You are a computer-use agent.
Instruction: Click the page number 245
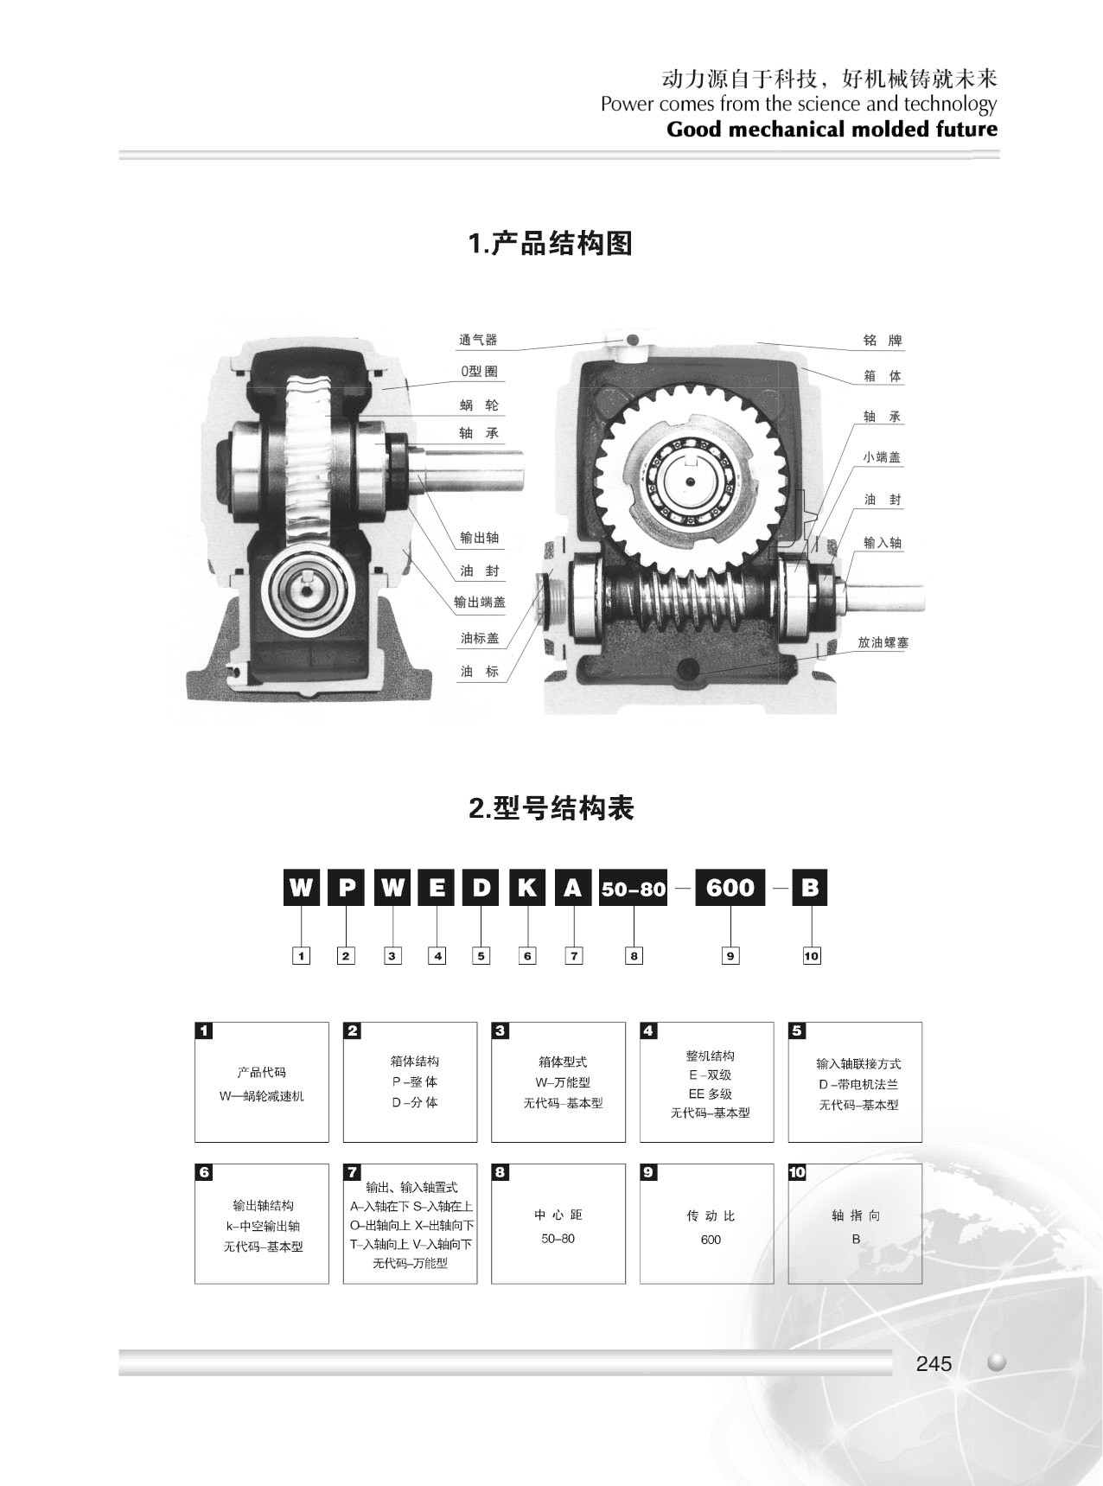click(x=934, y=1363)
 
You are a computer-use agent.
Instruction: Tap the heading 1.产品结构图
click(x=551, y=244)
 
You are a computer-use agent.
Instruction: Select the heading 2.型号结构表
click(x=551, y=808)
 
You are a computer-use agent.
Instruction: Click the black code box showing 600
click(x=730, y=888)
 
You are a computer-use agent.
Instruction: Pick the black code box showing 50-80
click(x=634, y=888)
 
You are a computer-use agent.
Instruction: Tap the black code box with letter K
click(x=526, y=888)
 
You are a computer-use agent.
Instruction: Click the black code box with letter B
click(x=810, y=888)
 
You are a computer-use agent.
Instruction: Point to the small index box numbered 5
click(x=481, y=955)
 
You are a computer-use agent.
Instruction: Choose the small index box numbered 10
click(x=811, y=955)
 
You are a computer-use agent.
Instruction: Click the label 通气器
click(x=478, y=340)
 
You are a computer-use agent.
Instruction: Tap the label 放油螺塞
click(x=883, y=642)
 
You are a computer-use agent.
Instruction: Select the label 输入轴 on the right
click(x=883, y=543)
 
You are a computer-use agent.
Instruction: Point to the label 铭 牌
click(x=883, y=340)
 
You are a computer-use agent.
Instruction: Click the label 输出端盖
click(x=480, y=603)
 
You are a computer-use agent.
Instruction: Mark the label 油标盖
click(x=480, y=638)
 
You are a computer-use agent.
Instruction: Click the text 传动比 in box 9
click(x=711, y=1215)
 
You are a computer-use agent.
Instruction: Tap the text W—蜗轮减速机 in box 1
click(x=262, y=1096)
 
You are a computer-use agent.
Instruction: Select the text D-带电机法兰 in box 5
click(x=858, y=1084)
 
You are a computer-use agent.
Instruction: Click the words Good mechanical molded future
click(x=832, y=130)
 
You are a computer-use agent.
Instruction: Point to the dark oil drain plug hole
click(x=691, y=669)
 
